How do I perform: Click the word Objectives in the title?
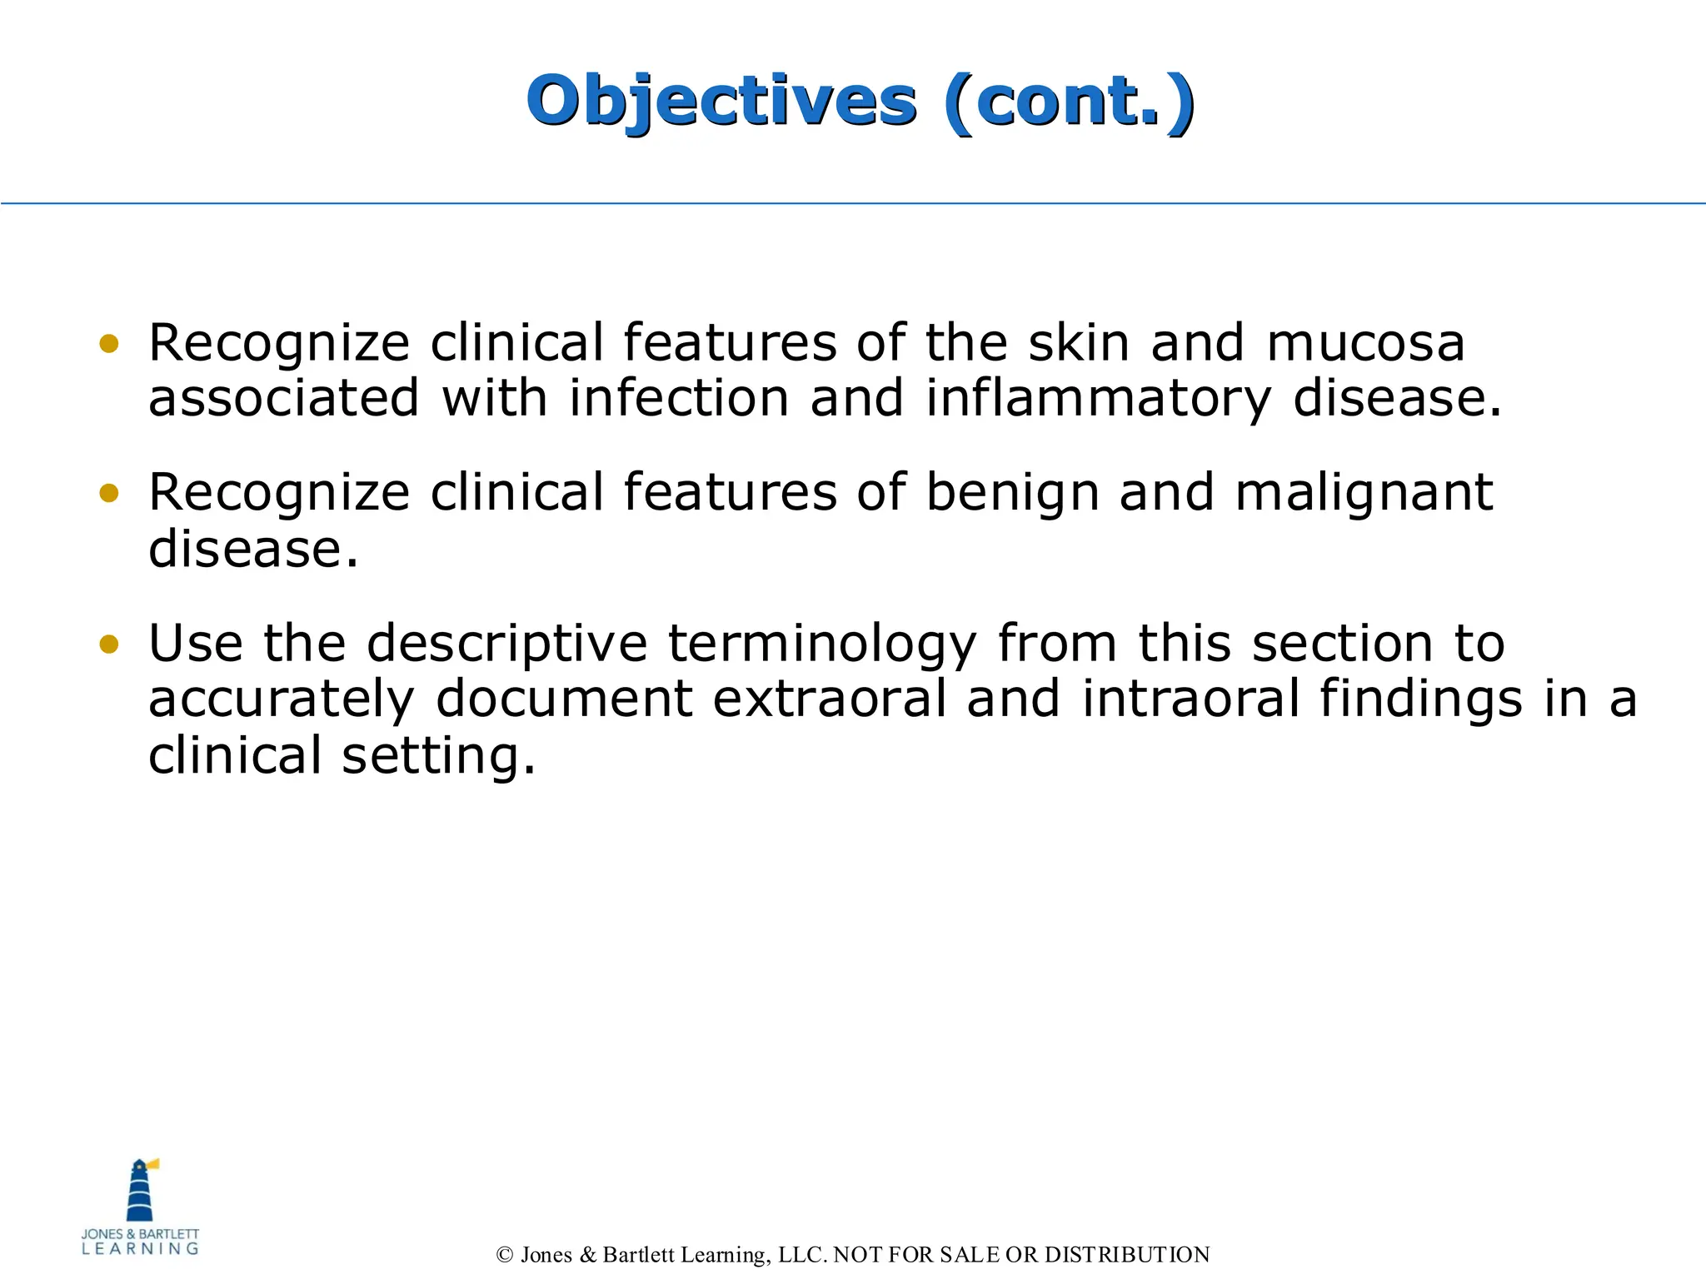(x=721, y=102)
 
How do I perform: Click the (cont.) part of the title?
(x=1070, y=102)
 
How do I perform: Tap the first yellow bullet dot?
(x=109, y=343)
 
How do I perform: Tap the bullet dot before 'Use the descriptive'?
(x=109, y=644)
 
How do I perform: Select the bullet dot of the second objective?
(x=109, y=493)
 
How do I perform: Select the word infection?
(x=679, y=398)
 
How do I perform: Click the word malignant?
(x=1364, y=493)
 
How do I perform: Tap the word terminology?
(x=822, y=644)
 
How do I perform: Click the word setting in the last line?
(x=438, y=756)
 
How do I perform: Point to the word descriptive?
(x=506, y=644)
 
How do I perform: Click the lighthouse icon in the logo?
(x=141, y=1190)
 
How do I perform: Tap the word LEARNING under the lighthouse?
(x=140, y=1249)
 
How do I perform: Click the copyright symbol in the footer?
(x=504, y=1255)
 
